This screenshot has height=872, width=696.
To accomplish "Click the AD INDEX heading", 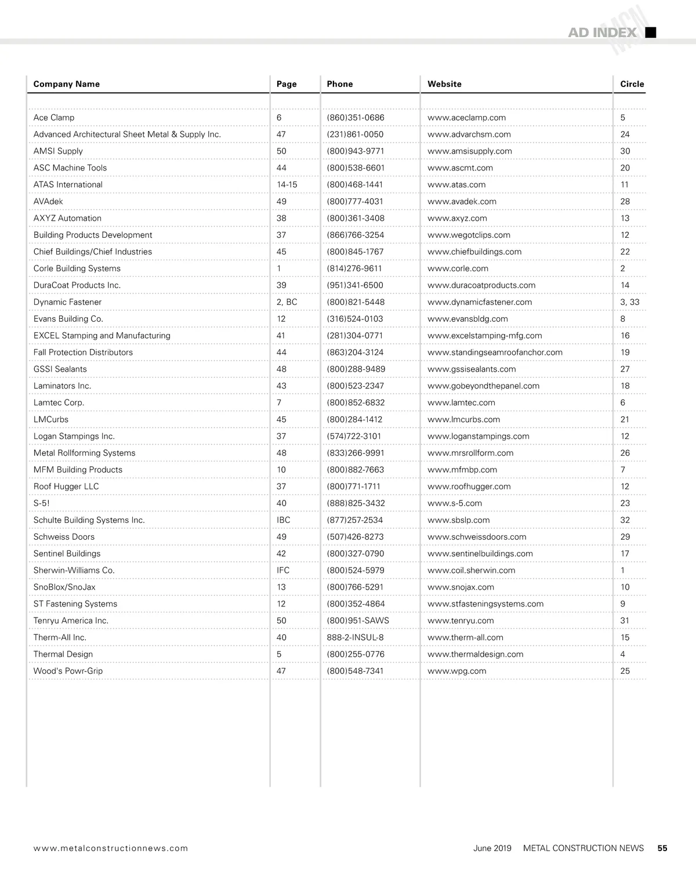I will coord(602,32).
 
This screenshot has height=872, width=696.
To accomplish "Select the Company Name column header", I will coord(66,84).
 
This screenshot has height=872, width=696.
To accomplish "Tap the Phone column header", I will coord(339,84).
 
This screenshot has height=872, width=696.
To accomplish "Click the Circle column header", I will coord(632,84).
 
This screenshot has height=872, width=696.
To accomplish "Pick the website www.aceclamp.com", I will coord(466,118).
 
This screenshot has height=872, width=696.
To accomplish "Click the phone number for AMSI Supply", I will coord(355,151).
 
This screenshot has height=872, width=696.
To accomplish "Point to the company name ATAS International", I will coord(68,185).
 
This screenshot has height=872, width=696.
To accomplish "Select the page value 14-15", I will coord(287,185).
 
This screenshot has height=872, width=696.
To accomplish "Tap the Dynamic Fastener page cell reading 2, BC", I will coord(287,302).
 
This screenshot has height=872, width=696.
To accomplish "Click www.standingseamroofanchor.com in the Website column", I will coord(495,353).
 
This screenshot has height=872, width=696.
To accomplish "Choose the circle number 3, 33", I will coord(629,302).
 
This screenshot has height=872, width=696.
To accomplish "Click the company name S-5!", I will coord(41,503).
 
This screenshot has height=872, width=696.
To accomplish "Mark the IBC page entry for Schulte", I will coord(283,520).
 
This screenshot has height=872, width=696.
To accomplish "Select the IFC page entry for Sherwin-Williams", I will coord(282,571).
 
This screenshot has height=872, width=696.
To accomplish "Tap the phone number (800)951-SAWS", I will coord(357,621).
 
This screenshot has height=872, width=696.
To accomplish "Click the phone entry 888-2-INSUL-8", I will coord(355,638).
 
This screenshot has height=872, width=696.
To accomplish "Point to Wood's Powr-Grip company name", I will coord(68,671).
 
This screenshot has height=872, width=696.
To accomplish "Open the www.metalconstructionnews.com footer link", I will coord(111,848).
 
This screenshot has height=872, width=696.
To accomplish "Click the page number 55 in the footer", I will coord(662,848).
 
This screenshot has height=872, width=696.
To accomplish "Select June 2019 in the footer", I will coord(492,848).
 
